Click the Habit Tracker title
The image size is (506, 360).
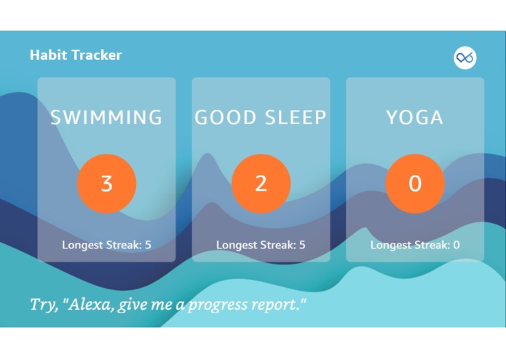(x=76, y=55)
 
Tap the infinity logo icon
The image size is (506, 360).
(x=465, y=58)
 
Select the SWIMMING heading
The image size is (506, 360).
(x=106, y=117)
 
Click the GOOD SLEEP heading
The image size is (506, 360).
(x=261, y=117)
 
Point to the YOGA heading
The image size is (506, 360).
(x=414, y=117)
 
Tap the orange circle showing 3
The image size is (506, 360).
(x=106, y=183)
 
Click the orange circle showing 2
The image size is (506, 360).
(x=261, y=183)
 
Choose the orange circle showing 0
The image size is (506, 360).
(x=414, y=183)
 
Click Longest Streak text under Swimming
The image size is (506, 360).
(x=106, y=245)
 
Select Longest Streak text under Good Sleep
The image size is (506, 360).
(x=261, y=245)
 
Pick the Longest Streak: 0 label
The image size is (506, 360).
(x=414, y=245)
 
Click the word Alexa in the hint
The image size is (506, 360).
(x=90, y=304)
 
